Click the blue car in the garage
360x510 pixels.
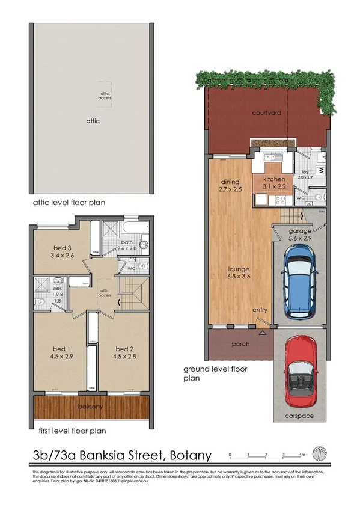coord(299,283)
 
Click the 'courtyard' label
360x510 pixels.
coord(267,112)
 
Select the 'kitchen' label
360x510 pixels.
coord(274,180)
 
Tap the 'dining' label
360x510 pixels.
coord(230,182)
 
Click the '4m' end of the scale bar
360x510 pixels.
coord(302,455)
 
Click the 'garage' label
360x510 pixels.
coord(299,231)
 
